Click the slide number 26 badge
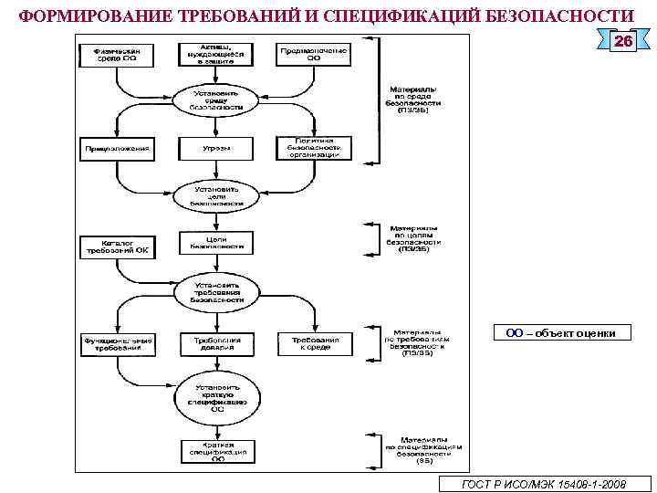pos(622,42)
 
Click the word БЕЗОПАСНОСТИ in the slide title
pos(557,16)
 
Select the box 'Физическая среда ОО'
pos(119,54)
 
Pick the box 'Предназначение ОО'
pos(314,54)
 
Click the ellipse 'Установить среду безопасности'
pos(217,99)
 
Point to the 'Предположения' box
pos(119,148)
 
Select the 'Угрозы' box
pos(217,148)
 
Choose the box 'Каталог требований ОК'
pos(119,246)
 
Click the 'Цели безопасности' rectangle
pos(217,242)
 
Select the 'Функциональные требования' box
pos(119,343)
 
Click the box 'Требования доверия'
pos(217,343)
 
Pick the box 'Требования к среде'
pos(314,343)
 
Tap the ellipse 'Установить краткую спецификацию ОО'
pos(217,395)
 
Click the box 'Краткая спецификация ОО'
pos(217,452)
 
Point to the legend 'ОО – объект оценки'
pos(561,333)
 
